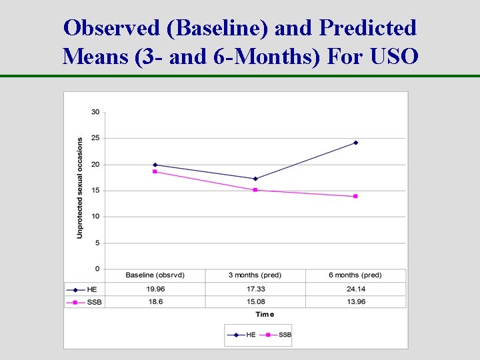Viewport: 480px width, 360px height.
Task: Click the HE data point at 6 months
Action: (355, 143)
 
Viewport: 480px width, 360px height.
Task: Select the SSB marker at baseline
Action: (155, 171)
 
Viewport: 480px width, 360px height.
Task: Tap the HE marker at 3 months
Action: (255, 179)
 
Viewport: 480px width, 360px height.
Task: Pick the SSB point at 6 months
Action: (355, 196)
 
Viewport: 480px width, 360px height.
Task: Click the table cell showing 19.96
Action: (155, 289)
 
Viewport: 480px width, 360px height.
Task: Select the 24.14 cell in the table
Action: (355, 289)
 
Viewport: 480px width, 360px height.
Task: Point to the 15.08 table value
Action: (255, 301)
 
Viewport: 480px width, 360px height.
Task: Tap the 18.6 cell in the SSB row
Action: (155, 301)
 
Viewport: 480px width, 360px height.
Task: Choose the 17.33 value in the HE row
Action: (255, 289)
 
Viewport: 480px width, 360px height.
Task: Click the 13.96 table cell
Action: (355, 301)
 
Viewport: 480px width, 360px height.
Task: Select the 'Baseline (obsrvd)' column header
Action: (155, 275)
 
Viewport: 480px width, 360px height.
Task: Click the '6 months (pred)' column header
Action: (355, 275)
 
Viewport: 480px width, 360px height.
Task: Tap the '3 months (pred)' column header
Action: (255, 275)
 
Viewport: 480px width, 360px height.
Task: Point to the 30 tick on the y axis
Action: (95, 112)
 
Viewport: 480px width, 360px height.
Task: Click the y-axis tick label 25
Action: (95, 138)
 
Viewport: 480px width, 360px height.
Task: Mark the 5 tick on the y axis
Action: (97, 243)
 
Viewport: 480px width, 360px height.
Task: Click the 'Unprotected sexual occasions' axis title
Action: (80, 188)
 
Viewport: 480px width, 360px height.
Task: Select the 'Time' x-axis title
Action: (264, 315)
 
